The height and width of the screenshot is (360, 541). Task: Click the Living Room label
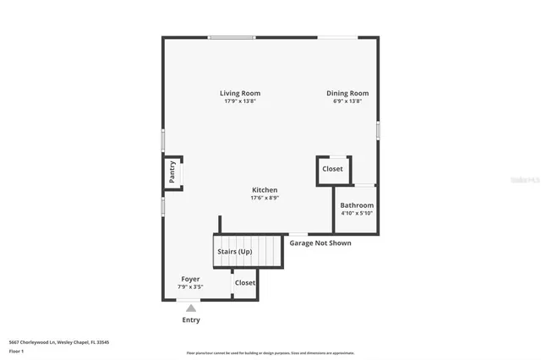click(240, 93)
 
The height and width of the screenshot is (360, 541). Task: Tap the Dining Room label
click(347, 93)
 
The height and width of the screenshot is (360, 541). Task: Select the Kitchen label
click(265, 190)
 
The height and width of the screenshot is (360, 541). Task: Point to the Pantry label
click(172, 172)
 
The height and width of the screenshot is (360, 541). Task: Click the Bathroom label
click(357, 205)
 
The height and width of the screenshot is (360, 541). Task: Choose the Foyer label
click(191, 279)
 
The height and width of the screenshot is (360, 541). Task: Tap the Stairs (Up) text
click(234, 252)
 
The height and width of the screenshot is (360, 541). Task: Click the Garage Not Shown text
click(320, 243)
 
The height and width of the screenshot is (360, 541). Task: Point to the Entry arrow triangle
click(191, 308)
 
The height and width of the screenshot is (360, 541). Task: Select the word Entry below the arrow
click(191, 320)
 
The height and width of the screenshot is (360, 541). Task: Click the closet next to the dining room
click(332, 169)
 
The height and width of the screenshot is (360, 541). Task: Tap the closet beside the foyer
click(245, 283)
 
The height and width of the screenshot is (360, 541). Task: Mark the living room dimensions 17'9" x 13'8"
click(240, 101)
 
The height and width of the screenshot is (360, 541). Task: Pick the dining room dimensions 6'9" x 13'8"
click(347, 101)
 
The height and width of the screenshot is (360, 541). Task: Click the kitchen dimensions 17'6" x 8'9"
click(265, 199)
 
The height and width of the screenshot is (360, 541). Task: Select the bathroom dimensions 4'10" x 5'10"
click(357, 214)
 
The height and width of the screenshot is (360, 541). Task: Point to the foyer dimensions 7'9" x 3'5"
click(191, 287)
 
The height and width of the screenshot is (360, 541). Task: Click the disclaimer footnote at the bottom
click(270, 354)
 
